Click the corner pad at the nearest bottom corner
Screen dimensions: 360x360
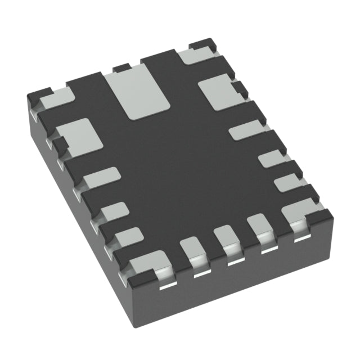click(148, 265)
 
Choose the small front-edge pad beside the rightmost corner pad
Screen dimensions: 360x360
click(259, 225)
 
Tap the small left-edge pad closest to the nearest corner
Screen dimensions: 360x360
click(126, 237)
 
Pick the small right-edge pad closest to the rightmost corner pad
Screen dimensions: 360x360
click(287, 182)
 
